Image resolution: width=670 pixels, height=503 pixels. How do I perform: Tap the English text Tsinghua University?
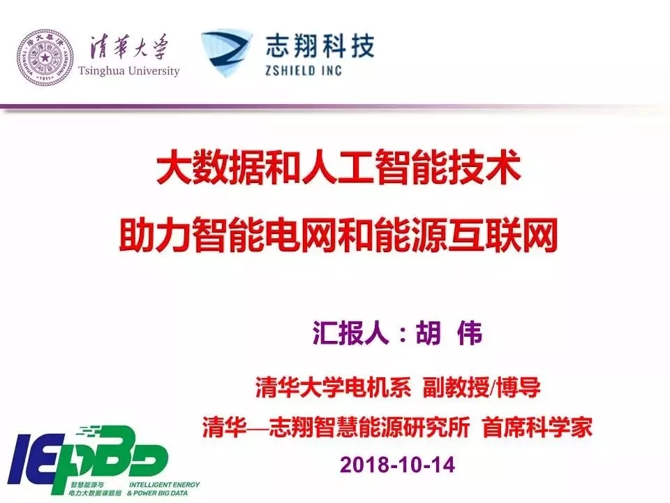coord(128,71)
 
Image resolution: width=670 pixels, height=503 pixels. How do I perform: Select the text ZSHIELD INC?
coord(304,70)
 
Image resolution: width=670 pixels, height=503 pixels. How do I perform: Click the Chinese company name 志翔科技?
coord(320,46)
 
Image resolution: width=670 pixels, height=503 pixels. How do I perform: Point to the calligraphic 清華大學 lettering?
coord(128,47)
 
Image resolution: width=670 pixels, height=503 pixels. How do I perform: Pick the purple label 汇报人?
coord(350,333)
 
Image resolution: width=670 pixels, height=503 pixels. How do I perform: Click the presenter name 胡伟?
coord(449,333)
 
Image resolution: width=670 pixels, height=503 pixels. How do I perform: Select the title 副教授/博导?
coord(482,388)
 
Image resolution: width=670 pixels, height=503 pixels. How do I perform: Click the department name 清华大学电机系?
coord(333,388)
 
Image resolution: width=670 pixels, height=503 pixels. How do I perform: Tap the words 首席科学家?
coord(537,427)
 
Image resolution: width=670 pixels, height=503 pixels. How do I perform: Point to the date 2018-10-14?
coord(397,465)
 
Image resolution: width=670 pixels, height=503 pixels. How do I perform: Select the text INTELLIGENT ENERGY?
coord(164,485)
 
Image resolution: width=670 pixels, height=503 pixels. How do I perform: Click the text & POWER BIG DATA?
coord(157,493)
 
